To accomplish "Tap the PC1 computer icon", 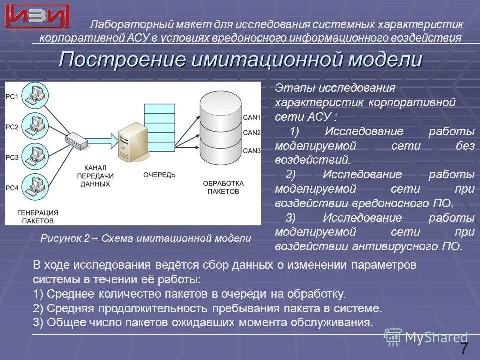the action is (x=35, y=94).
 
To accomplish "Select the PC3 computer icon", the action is (x=35, y=155).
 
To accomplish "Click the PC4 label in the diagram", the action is (x=12, y=188).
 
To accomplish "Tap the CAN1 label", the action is (x=252, y=117).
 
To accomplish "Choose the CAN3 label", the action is (x=252, y=151).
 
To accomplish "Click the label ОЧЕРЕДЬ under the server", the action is (x=159, y=174).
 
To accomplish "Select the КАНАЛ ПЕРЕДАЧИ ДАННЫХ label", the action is (x=94, y=176).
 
